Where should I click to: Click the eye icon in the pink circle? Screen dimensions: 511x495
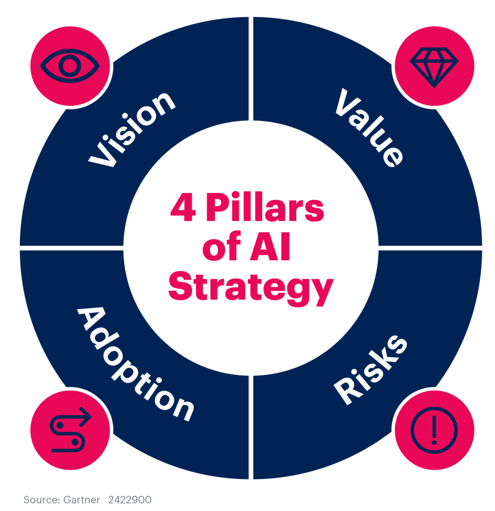70,66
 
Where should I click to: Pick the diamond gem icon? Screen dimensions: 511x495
434,67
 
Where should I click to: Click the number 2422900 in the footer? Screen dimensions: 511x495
130,500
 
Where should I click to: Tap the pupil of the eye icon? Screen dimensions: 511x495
70,66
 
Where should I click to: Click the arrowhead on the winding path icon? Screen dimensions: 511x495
86,417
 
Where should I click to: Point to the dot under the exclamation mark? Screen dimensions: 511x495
434,442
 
